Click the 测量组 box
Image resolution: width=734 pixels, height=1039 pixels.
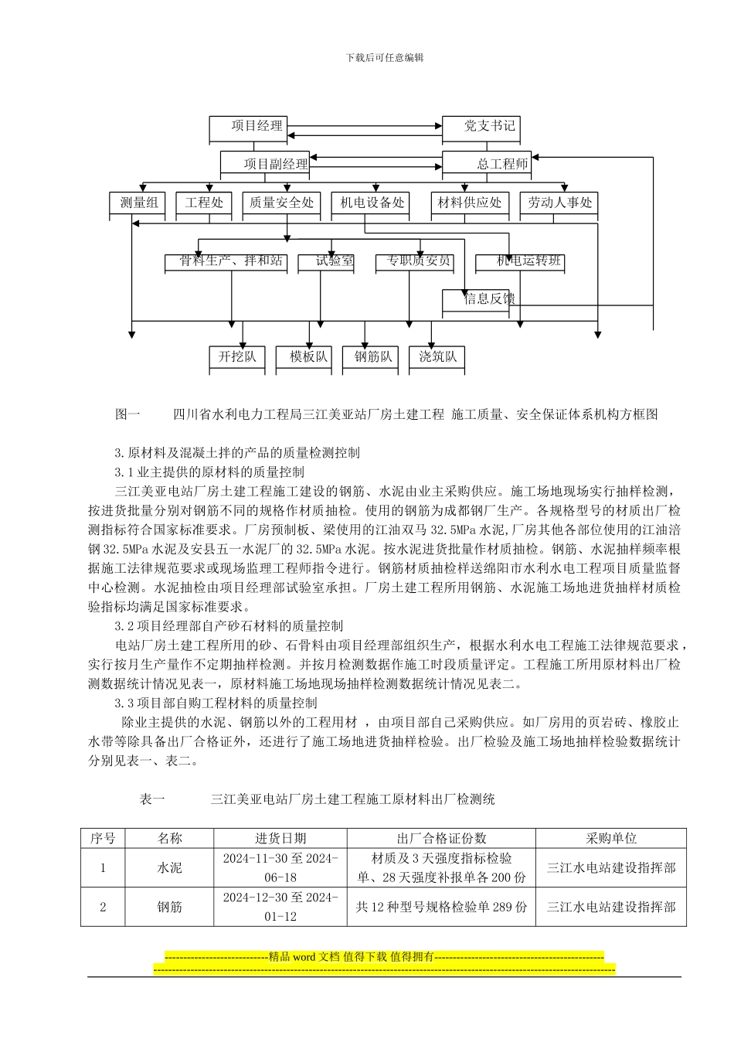(138, 203)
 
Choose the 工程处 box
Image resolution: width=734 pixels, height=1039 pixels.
(204, 203)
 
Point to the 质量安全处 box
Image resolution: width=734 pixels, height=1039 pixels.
(281, 203)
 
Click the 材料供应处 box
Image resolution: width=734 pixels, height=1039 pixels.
(470, 203)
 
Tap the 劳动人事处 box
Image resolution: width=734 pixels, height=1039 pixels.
(559, 203)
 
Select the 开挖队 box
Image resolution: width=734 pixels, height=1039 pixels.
(237, 357)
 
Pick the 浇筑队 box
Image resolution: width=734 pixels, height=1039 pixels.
(437, 357)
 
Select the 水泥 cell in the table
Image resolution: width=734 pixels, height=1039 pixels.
(170, 868)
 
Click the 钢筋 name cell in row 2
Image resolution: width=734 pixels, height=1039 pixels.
(170, 907)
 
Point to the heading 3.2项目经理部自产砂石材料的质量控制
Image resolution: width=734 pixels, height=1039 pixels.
(229, 625)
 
